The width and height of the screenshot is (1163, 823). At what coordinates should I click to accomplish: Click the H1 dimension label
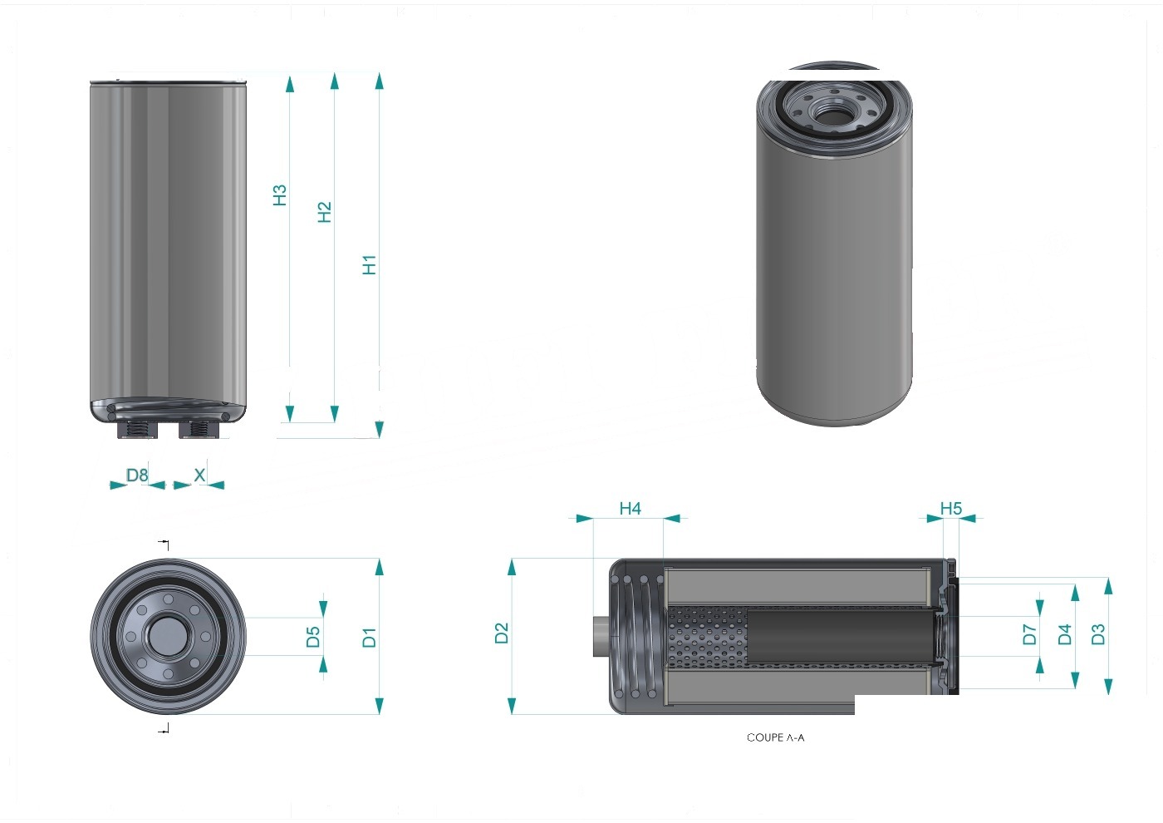point(369,265)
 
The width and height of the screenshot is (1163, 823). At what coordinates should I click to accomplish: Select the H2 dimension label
point(325,212)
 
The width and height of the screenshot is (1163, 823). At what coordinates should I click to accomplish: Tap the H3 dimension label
point(280,195)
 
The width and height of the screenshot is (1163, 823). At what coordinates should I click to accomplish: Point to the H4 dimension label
point(631,508)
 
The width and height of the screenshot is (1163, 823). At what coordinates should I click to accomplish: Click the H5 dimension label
point(951,508)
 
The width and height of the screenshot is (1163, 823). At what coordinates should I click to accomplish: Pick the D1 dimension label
point(369,638)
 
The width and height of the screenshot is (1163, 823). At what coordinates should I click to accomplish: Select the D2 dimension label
point(502,633)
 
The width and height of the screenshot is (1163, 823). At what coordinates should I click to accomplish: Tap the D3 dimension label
point(1098,634)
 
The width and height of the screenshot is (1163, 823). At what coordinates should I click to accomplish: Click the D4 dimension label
point(1065,634)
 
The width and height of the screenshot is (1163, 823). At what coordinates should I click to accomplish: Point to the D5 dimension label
point(313,637)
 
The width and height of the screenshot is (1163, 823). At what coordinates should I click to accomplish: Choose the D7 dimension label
point(1029,634)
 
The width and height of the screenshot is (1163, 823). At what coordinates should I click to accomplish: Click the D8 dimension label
point(137,475)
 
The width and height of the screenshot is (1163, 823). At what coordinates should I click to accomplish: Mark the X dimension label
point(200,475)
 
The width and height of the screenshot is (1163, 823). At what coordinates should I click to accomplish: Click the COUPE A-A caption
point(776,737)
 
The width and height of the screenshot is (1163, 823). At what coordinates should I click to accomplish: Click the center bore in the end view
point(168,636)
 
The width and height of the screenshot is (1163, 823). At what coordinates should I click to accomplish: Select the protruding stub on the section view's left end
point(601,637)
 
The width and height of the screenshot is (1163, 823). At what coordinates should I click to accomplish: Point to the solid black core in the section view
point(840,637)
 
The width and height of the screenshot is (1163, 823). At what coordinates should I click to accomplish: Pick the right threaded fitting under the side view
point(199,429)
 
